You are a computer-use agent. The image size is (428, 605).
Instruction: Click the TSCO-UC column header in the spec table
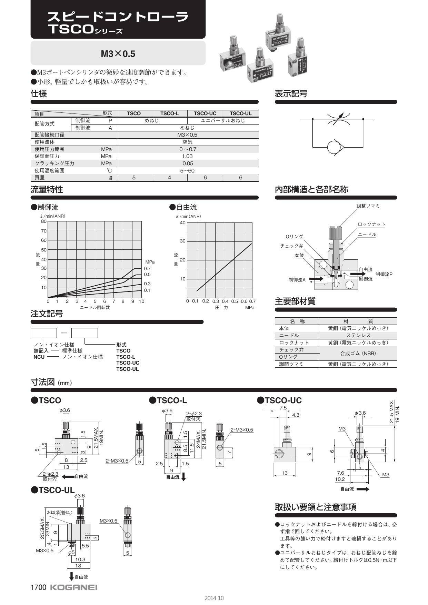pos(205,113)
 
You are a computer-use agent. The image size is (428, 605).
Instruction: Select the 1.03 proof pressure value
pos(187,156)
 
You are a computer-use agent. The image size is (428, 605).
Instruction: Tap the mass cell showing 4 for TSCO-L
pos(169,178)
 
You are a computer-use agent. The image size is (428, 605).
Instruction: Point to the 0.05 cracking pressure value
pos(187,163)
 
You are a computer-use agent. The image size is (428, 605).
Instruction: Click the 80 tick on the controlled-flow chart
pos(44,221)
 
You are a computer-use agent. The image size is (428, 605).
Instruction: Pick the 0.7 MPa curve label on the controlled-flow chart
pos(147,268)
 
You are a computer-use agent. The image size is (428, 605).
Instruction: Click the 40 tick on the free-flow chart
pos(182,223)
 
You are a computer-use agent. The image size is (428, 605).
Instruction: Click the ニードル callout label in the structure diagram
pos(367,235)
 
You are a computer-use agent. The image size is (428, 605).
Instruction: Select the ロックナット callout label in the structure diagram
pos(371,224)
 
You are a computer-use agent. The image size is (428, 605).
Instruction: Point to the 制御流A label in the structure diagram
pos(297,280)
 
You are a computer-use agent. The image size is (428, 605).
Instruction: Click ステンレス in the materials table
pos(358,336)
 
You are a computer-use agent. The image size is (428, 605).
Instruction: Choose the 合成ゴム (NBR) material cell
pos(358,353)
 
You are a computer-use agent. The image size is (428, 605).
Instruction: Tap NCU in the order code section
pos(39,357)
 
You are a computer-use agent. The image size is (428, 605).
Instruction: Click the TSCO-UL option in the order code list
pos(128,369)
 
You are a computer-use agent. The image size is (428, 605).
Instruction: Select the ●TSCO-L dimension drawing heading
pos(168,400)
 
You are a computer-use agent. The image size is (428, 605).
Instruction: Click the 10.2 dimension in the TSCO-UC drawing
pos(340,479)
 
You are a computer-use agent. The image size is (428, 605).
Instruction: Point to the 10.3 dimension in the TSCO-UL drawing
pos(80,559)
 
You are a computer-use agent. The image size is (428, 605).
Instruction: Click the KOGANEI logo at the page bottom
pos(74,587)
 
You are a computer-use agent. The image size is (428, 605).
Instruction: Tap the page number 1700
pos(38,587)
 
